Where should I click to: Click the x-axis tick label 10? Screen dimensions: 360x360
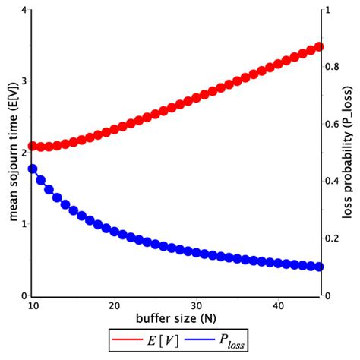tap(32, 305)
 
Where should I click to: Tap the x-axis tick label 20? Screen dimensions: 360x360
tap(114, 305)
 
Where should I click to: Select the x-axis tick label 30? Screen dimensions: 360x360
tap(196, 305)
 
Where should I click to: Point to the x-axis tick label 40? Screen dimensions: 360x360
tap(278, 305)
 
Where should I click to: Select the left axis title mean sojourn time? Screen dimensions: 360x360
tap(11, 152)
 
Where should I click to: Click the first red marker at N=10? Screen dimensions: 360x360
tap(33, 146)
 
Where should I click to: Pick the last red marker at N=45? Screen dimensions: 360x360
tap(319, 47)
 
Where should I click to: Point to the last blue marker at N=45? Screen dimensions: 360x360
tap(319, 267)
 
